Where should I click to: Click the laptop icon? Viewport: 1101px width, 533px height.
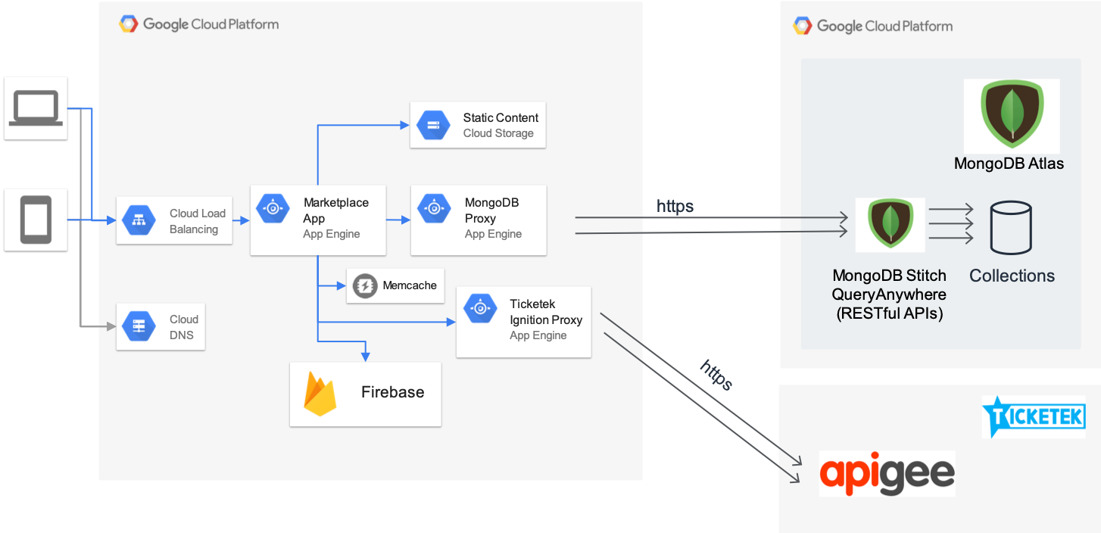click(36, 108)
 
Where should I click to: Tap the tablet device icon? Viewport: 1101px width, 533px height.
click(36, 220)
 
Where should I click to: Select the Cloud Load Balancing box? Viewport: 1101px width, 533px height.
click(173, 220)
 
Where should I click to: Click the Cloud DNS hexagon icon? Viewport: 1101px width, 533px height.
click(139, 326)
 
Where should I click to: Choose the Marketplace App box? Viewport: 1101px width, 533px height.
click(318, 220)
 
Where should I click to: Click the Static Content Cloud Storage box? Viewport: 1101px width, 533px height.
click(477, 125)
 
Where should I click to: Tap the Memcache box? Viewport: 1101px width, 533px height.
click(395, 285)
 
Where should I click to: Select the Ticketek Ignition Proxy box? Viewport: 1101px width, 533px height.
click(523, 322)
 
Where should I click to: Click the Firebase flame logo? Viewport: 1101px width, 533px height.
click(320, 393)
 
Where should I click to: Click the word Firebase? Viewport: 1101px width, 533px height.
click(392, 392)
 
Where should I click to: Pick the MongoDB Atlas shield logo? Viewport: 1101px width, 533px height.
click(1011, 115)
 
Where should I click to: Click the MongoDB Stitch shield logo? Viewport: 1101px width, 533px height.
click(890, 225)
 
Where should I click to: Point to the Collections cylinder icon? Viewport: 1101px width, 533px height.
click(1010, 227)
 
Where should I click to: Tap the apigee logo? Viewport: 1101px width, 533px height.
click(887, 474)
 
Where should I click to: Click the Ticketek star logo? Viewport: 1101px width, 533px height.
click(1033, 416)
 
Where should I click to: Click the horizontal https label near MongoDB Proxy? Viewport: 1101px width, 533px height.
click(675, 206)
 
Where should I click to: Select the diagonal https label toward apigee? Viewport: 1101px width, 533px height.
click(716, 375)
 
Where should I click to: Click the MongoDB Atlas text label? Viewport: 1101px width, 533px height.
click(1009, 164)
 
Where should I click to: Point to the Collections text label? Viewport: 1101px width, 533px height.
click(1012, 276)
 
